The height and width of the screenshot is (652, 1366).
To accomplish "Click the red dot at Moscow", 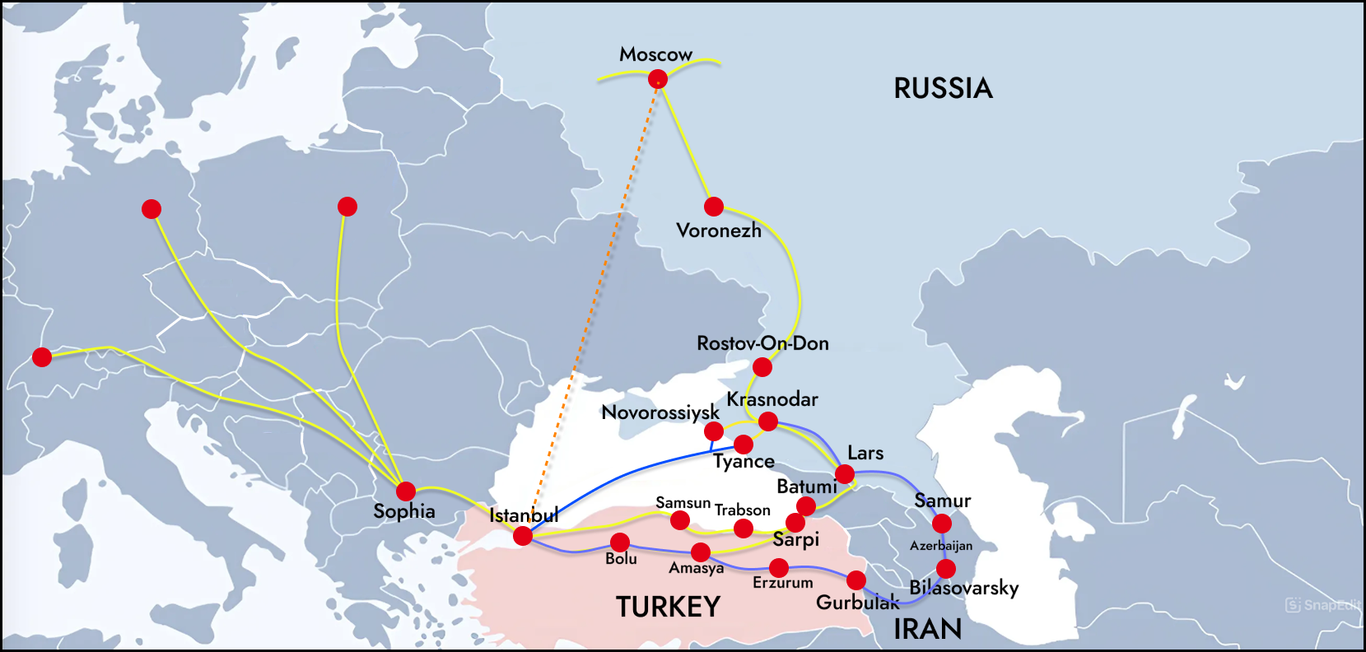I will pos(657,79).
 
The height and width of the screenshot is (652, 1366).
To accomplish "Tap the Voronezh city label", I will pos(718,231).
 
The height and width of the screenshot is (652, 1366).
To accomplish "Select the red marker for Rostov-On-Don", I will pos(762,367).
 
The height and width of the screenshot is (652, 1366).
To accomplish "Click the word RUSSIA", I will pos(943,89).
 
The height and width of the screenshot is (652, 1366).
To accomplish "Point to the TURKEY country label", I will pos(668,608).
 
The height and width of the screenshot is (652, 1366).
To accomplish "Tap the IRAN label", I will pos(927,629).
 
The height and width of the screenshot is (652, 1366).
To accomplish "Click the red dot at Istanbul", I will pos(523,536).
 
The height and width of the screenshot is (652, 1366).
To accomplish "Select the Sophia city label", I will pos(403,511).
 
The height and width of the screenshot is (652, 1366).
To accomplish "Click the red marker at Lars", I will pos(845,474).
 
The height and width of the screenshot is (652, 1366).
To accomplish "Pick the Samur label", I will pos(942,501).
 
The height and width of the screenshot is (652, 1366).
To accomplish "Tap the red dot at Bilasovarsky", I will pos(946,569).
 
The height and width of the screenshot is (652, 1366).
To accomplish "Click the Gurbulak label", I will pos(857,603).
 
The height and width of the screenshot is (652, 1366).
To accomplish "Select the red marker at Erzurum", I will pos(779,567).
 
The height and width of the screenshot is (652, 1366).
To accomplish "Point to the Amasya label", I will pos(696,568).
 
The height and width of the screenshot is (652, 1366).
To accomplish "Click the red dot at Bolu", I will pos(620,543).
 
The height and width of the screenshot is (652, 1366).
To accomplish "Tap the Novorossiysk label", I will pos(660,412).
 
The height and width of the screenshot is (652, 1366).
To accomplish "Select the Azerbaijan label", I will pos(940,546).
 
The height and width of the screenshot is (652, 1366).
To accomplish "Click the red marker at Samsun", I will pos(680,519).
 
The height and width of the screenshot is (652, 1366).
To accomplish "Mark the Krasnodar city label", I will pos(772,399).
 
